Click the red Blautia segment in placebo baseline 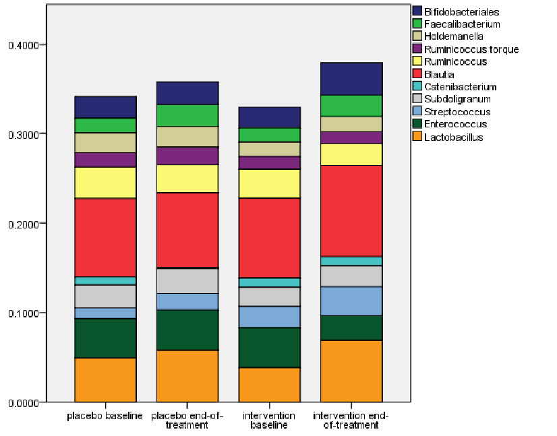pos(105,237)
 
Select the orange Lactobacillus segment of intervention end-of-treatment pos(351,371)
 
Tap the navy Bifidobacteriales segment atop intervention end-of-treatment pos(351,79)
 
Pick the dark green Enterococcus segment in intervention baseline pos(269,347)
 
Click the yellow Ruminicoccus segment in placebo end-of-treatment pos(187,179)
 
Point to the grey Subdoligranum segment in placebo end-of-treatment pos(187,280)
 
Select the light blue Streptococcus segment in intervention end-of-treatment pos(351,301)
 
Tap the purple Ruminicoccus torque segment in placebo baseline pos(105,160)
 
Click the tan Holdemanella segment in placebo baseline pos(105,142)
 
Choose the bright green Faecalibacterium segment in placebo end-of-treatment pos(187,115)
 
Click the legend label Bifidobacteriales pos(462,11)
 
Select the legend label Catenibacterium pos(461,87)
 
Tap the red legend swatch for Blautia pos(417,74)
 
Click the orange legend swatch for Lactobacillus pos(417,137)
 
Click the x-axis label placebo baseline pos(105,416)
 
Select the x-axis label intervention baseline pos(269,421)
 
